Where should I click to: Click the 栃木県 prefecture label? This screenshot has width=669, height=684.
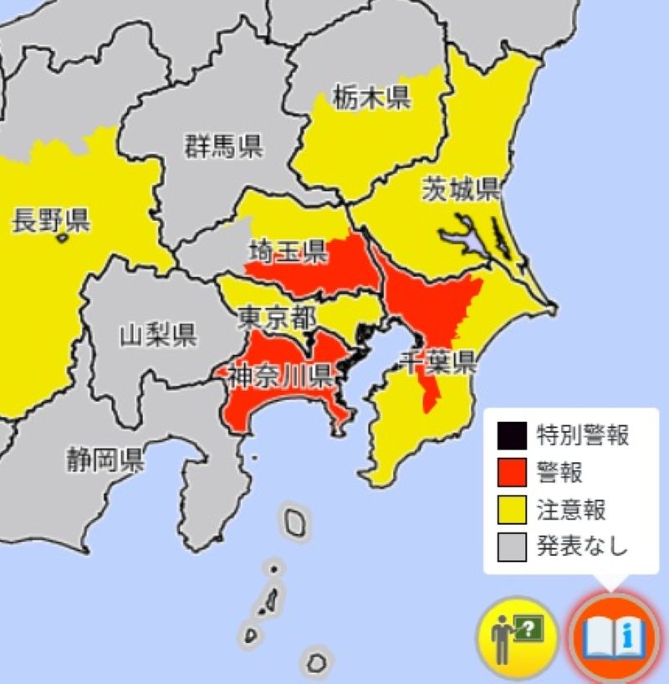coord(370,98)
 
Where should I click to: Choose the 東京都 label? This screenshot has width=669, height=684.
coord(277,317)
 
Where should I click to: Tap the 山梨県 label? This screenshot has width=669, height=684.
coord(158,335)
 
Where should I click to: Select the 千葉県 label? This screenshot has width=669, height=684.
coord(437,363)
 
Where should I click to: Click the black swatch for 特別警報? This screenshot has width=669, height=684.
coord(511,435)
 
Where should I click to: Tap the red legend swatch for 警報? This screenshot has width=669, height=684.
coord(511,472)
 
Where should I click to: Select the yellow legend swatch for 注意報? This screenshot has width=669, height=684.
coord(511,509)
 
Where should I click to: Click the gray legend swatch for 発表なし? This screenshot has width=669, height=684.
coord(511,547)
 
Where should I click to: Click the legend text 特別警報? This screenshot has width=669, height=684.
coord(582,435)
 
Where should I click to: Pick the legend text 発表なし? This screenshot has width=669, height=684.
coord(582,547)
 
